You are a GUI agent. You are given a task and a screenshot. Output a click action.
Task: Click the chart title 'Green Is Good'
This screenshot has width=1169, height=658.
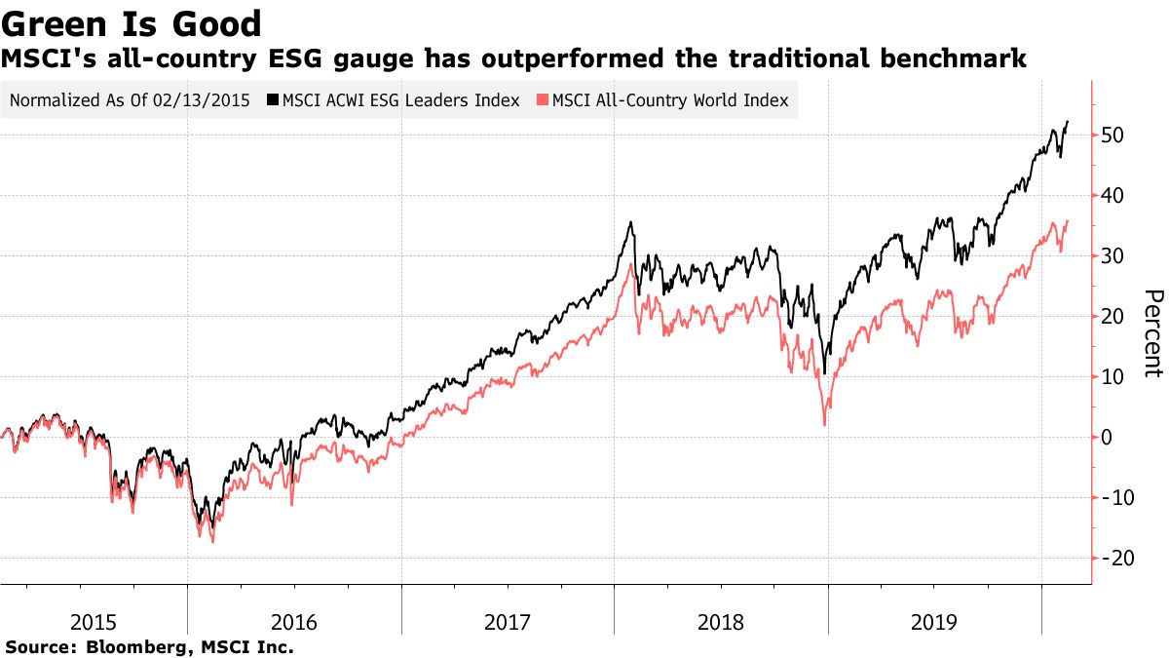click(132, 23)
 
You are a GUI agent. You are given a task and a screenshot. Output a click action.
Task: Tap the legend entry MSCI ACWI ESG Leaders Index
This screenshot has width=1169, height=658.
click(400, 100)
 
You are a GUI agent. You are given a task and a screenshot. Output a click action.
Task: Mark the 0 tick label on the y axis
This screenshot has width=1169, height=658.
click(1108, 438)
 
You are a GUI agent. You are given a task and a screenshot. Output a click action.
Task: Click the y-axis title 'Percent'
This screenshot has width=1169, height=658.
click(1152, 333)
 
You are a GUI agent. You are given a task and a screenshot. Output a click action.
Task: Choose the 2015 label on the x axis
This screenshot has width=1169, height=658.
click(94, 621)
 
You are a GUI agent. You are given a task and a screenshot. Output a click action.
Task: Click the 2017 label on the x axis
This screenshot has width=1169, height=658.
click(508, 621)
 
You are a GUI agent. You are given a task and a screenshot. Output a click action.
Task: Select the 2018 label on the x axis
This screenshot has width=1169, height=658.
click(721, 621)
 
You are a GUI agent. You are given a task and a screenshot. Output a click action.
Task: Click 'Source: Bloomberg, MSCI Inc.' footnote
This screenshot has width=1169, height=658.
click(150, 646)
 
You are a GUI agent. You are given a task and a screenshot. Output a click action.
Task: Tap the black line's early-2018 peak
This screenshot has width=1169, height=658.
click(632, 222)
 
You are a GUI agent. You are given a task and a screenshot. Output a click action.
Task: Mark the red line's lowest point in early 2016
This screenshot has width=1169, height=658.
click(212, 541)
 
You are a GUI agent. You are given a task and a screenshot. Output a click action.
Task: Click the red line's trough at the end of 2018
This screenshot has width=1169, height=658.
click(825, 424)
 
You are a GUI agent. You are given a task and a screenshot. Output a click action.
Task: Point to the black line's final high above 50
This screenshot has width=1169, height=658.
click(1068, 122)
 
